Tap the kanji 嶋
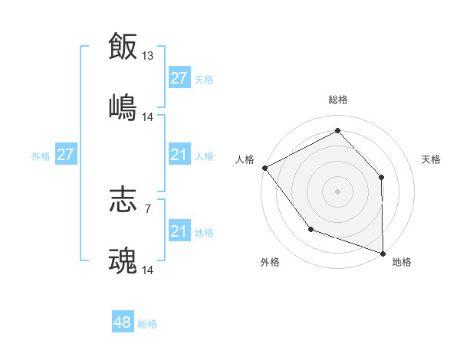(123, 107)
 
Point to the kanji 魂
(123, 261)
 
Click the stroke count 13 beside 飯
(148, 55)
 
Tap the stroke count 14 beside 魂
(148, 270)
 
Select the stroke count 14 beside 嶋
(148, 117)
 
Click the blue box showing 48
(123, 322)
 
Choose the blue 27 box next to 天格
(179, 78)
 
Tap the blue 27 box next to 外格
(65, 155)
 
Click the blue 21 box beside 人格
(179, 155)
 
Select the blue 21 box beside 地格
(179, 232)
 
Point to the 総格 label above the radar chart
(337, 100)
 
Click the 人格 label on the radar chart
(245, 159)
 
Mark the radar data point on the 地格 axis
(383, 252)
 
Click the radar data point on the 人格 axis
(264, 167)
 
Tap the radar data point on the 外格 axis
(310, 229)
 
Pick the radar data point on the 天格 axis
(382, 177)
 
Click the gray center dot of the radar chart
(337, 191)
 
